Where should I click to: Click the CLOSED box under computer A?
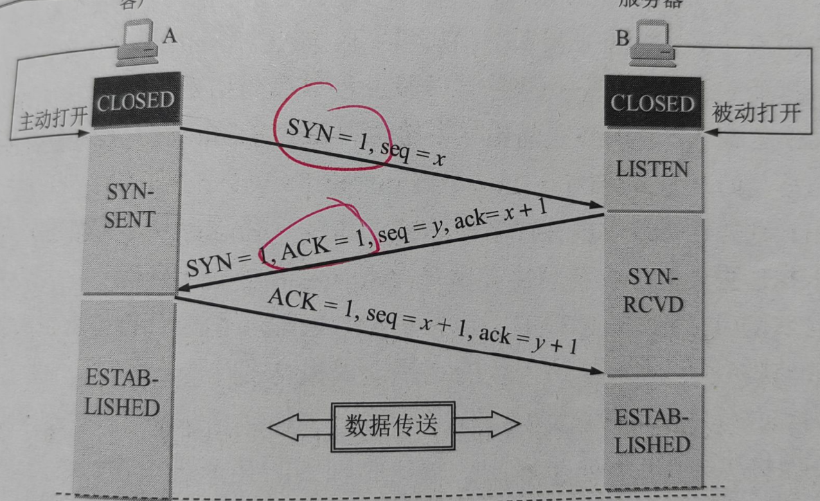tap(136, 102)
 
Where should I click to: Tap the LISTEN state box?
tap(652, 170)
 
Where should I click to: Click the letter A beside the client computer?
tap(170, 35)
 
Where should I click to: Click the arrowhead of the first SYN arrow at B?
tap(596, 205)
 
